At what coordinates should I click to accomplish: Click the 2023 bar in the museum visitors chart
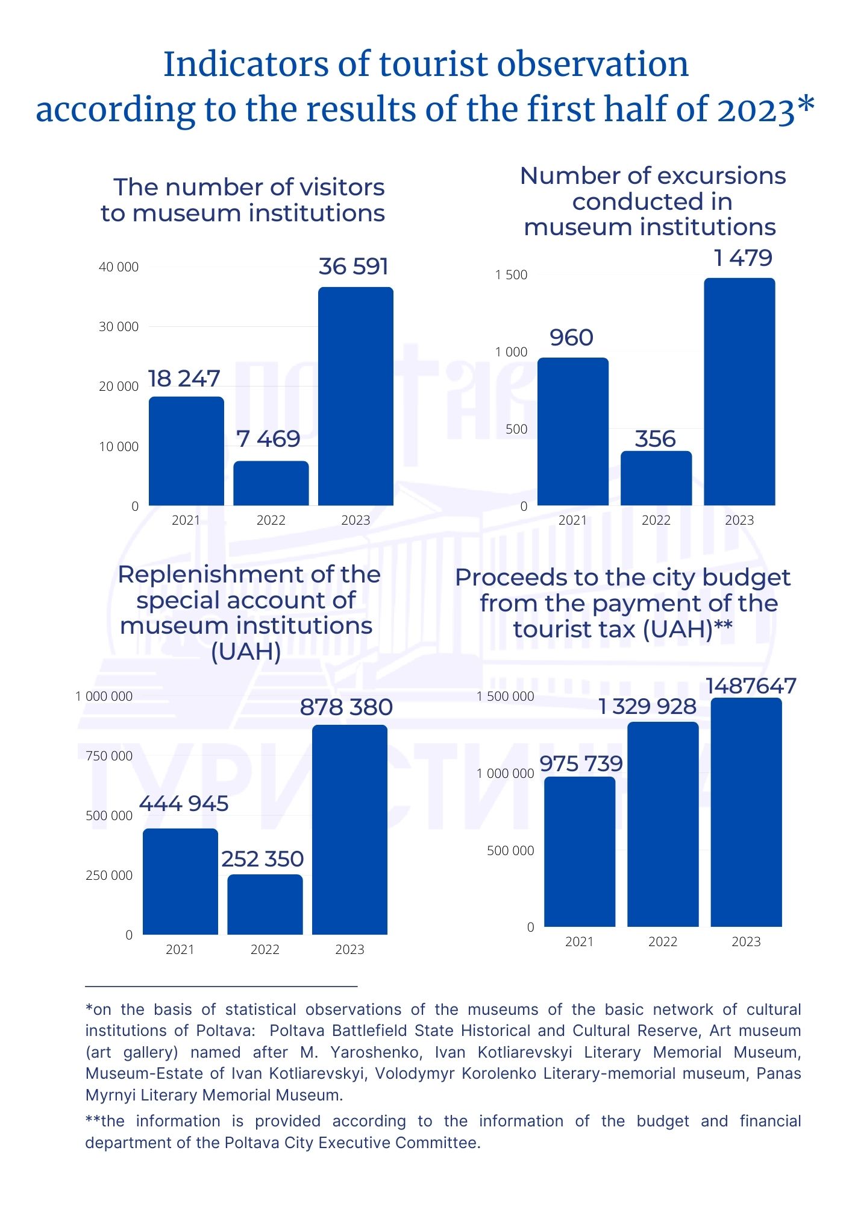(356, 396)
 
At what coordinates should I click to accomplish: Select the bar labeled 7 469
(271, 483)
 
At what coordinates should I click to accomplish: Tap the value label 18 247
(184, 379)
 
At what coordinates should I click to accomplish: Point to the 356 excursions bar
(656, 478)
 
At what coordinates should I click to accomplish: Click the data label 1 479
(743, 258)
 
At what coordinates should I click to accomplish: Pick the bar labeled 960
(573, 431)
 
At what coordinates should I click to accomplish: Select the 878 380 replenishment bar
(349, 830)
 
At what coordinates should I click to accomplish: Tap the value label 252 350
(263, 859)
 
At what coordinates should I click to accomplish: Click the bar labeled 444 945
(180, 882)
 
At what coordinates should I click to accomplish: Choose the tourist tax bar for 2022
(663, 824)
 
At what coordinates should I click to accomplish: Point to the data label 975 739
(581, 763)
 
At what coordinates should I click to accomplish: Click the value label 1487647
(751, 686)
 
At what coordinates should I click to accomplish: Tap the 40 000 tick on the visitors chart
(118, 267)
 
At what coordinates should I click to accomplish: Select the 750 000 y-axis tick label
(108, 756)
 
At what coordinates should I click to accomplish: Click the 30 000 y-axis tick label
(118, 327)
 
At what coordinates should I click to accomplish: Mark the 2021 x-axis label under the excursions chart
(572, 520)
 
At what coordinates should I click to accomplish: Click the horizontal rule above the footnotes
(221, 987)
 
